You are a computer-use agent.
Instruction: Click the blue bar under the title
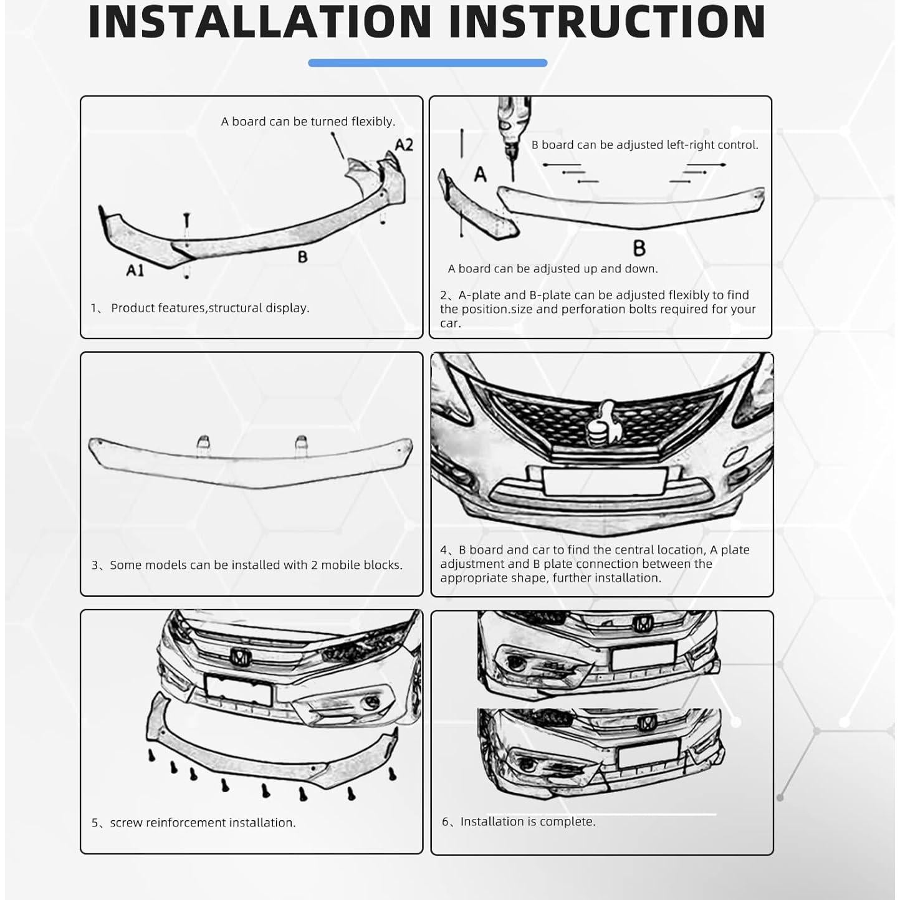[x=428, y=63]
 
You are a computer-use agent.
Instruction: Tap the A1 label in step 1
[x=135, y=270]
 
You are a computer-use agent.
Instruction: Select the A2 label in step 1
[x=404, y=145]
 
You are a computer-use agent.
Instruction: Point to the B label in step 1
[x=302, y=256]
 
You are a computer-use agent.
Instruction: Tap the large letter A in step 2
[x=479, y=174]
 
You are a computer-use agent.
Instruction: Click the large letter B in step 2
[x=639, y=248]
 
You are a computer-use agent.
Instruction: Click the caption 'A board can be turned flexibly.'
[x=308, y=122]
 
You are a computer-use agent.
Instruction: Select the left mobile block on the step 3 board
[x=203, y=443]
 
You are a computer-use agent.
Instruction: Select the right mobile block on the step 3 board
[x=301, y=443]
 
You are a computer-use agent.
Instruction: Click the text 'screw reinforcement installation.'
[x=203, y=823]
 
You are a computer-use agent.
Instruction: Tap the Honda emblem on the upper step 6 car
[x=643, y=623]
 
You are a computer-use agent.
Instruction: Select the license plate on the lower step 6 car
[x=649, y=755]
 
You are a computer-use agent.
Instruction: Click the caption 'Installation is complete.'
[x=527, y=821]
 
